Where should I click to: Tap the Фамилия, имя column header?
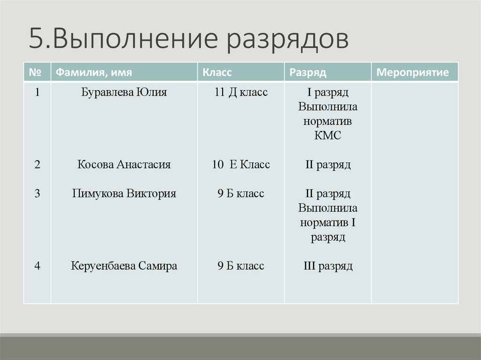point(93,73)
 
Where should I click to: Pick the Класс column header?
point(217,73)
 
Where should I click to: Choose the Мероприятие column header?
point(413,73)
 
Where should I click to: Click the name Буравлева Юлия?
point(124,92)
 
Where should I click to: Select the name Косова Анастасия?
point(124,165)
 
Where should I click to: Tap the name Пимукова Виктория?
point(124,194)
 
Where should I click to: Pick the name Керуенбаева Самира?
point(124,266)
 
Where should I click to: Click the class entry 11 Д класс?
point(241,92)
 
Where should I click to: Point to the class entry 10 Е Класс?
point(241,165)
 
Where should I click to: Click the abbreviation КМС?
point(328,136)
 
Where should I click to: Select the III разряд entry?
point(328,266)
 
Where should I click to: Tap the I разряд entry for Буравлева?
point(328,92)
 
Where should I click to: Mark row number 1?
point(37,92)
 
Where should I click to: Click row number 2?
point(37,165)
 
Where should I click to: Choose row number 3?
point(37,194)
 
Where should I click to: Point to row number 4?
point(37,266)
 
